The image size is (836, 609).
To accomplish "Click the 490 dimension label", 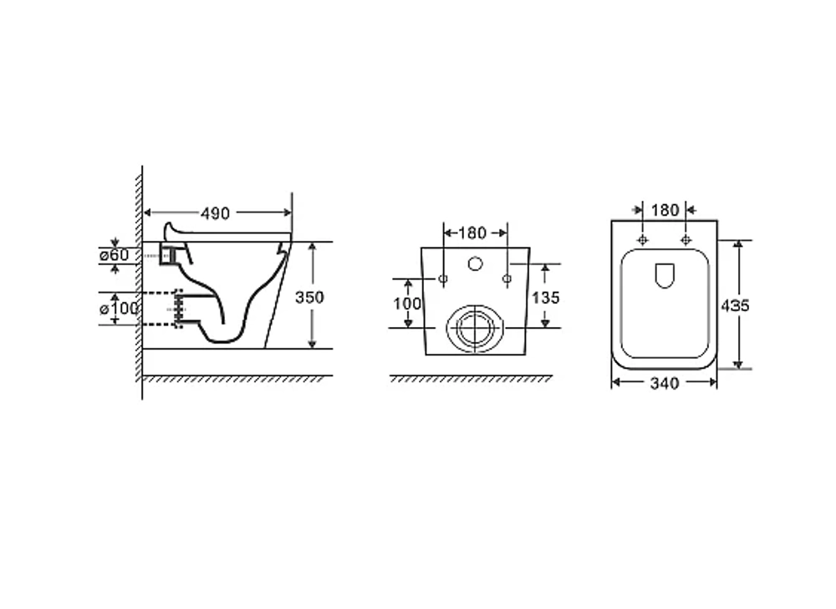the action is [215, 213].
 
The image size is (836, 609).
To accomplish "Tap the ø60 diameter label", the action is [114, 255].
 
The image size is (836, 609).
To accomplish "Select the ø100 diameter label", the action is [119, 308].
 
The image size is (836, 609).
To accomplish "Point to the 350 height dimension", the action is [309, 297].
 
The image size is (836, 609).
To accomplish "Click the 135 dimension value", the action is [545, 298].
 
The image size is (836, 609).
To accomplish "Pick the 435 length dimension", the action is [735, 305].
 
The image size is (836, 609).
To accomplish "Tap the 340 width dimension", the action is [665, 383].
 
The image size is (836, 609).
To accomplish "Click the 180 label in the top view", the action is [665, 210].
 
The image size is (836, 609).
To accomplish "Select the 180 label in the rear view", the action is [472, 233].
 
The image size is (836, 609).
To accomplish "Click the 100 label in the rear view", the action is [407, 304].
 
